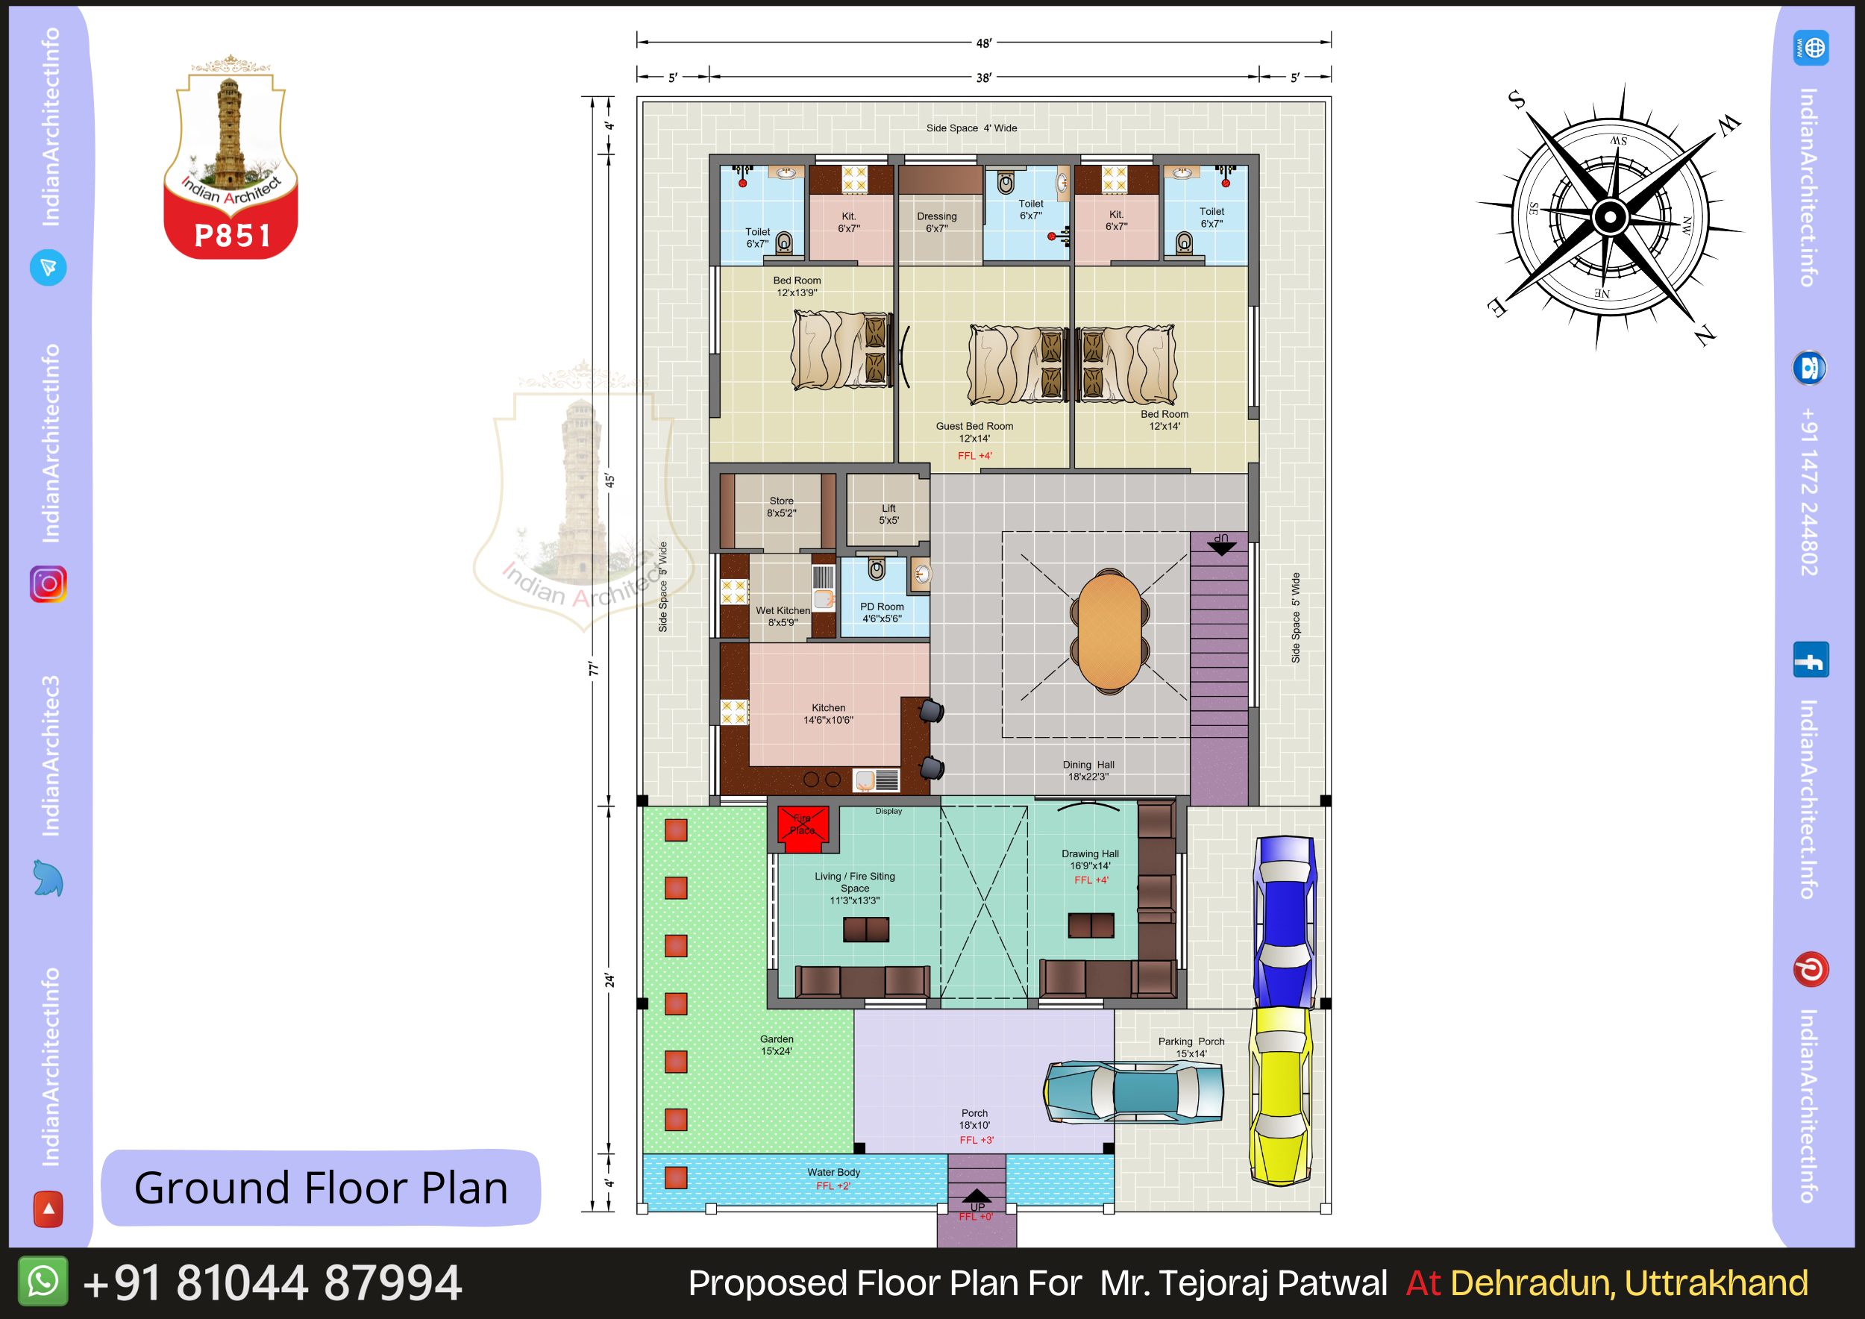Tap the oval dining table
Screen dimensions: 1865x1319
[x=1109, y=630]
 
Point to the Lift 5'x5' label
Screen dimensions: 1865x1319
[x=888, y=514]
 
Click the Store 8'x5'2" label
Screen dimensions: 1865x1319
[x=781, y=507]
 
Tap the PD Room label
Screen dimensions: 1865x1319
[x=881, y=607]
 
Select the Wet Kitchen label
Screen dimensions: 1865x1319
[x=783, y=611]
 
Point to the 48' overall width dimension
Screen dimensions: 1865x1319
[x=984, y=43]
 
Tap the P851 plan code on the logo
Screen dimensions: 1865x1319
[x=232, y=236]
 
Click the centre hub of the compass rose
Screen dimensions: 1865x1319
[x=1608, y=216]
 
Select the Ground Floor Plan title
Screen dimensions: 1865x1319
[x=321, y=1188]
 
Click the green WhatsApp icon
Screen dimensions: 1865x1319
[x=43, y=1282]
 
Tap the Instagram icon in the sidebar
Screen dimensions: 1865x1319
[x=48, y=584]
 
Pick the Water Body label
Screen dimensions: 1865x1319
[x=833, y=1172]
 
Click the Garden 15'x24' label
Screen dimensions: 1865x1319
[x=777, y=1044]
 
